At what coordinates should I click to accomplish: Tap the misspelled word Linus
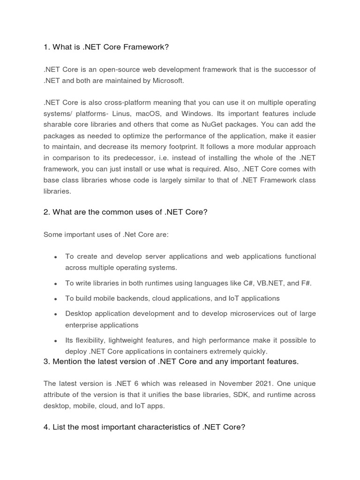(120, 113)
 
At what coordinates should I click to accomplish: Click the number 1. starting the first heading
(46, 47)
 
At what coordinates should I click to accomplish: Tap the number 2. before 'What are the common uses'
(46, 212)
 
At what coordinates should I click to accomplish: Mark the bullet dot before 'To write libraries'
(56, 284)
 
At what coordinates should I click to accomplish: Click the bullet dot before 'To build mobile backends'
(56, 299)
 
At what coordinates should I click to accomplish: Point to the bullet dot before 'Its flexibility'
(56, 341)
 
